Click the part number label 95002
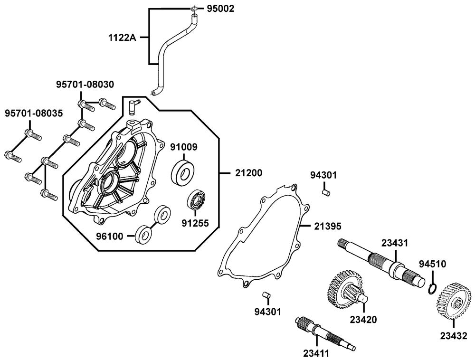pos(220,9)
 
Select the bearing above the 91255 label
pos(196,200)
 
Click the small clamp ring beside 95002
pos(193,9)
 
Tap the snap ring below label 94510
pos(433,288)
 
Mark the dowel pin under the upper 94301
pos(325,192)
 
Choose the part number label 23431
pos(395,243)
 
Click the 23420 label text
pos(363,319)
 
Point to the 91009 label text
pos(183,147)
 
